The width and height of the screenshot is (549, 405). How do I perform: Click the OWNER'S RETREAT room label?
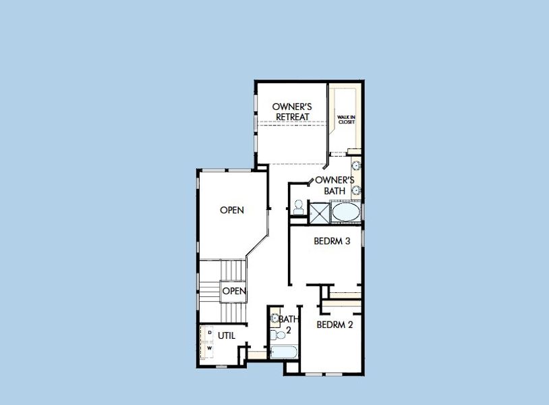coord(291,111)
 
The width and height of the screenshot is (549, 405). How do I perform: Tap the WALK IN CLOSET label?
coord(346,119)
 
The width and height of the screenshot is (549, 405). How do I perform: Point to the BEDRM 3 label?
coord(332,241)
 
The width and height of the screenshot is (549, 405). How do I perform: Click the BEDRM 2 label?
coord(335,324)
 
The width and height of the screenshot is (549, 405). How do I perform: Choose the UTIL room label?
coord(227,335)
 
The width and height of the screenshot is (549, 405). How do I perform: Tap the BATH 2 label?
coord(288,324)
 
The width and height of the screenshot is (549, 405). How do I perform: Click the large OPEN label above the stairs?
coord(232,210)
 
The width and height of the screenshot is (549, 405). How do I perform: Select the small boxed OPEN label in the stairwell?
coord(233,291)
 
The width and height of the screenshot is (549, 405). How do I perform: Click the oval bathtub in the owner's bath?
coord(346,213)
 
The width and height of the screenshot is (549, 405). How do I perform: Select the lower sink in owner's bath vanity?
coord(355,191)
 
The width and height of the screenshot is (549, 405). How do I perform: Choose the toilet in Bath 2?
coord(274,334)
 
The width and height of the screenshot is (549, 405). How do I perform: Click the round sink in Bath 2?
coord(274,317)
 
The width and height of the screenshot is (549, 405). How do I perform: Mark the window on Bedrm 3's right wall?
coord(363,238)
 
